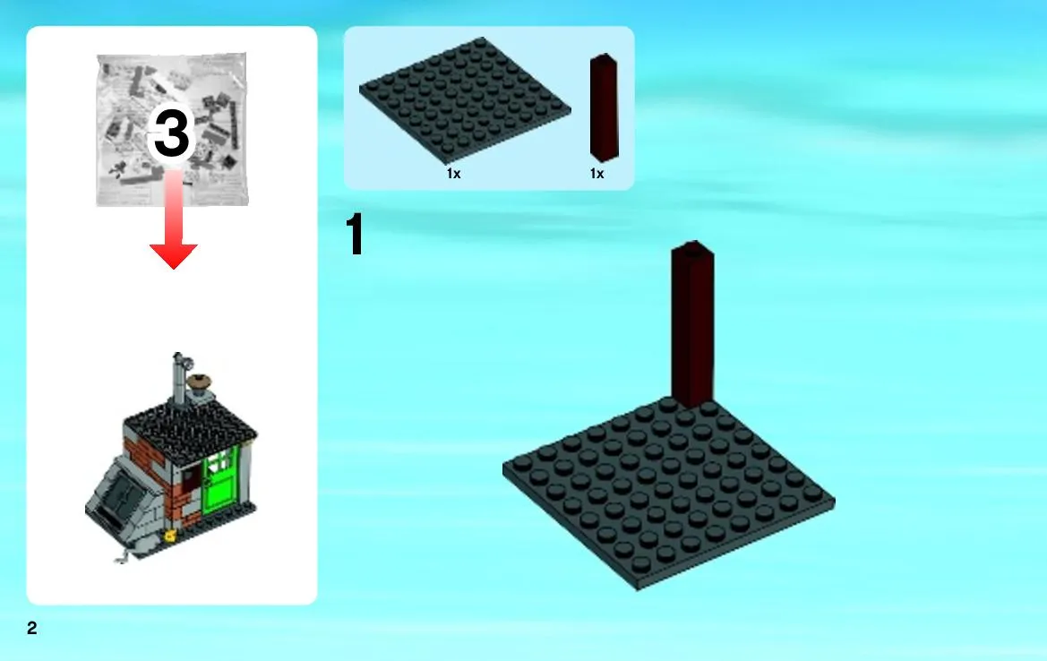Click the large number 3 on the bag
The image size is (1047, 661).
coord(172,133)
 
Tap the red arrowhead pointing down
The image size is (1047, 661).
coord(174,256)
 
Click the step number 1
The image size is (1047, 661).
coord(355,234)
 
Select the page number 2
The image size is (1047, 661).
coord(32,628)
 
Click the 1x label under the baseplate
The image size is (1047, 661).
coord(453,174)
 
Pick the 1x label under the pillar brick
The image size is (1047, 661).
coord(597,174)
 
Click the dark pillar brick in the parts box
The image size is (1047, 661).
coord(604,107)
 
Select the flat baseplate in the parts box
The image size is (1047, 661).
coord(465,100)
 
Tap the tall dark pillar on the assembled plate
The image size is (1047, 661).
coord(692,324)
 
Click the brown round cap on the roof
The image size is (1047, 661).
coord(199,382)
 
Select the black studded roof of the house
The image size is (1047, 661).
coord(190,424)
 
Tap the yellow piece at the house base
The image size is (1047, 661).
coord(170,536)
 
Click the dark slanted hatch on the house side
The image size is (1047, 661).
coord(122,495)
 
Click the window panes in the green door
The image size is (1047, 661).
coord(222,462)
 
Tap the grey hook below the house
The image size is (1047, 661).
coord(122,556)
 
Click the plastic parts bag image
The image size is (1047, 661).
coord(172,130)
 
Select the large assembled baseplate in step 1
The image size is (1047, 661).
coord(668,494)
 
